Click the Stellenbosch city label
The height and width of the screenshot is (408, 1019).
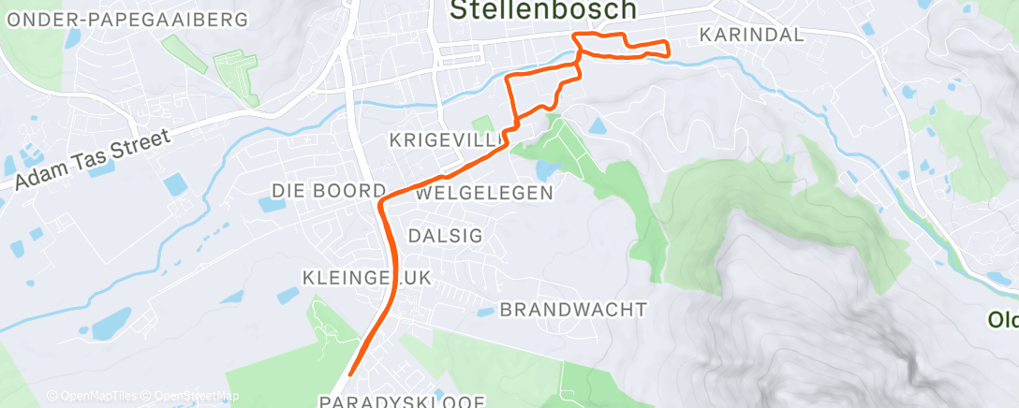pos(542,10)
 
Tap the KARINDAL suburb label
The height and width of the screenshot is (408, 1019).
pos(752,35)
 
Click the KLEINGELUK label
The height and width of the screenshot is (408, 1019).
pos(352,278)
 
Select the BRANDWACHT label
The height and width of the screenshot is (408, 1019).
pos(573,309)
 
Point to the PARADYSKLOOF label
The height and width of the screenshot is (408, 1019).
pos(402,401)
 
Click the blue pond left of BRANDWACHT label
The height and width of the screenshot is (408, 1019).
pos(484,313)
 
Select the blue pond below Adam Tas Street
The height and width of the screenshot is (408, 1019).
pos(174,183)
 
